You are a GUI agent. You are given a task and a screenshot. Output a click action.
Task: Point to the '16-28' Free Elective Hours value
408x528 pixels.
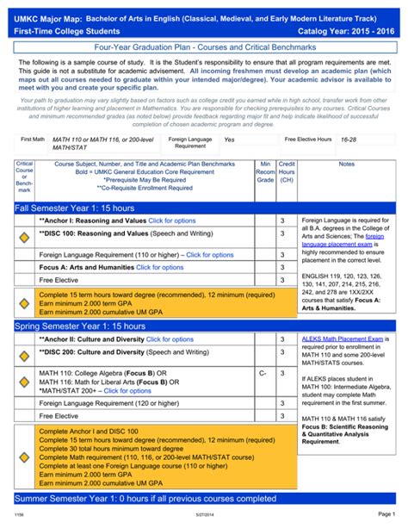coord(349,139)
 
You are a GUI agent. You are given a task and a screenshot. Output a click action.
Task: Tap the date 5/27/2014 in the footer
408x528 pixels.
coord(203,516)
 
